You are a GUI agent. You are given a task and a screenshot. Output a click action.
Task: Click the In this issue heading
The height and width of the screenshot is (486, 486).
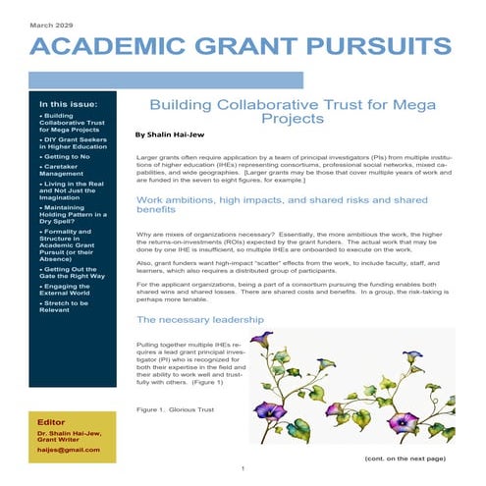pyautogui.click(x=66, y=102)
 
